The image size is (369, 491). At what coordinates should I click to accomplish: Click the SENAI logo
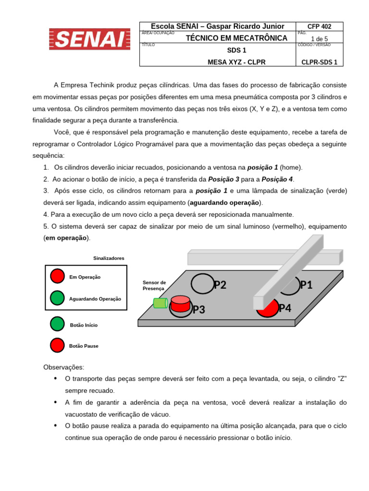(90, 39)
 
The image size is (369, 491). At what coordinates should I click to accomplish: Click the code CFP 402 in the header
(319, 26)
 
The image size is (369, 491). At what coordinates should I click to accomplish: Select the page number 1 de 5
(319, 39)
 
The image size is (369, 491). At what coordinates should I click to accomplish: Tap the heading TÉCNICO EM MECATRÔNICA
(236, 38)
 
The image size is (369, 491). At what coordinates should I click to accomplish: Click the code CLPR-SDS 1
(319, 62)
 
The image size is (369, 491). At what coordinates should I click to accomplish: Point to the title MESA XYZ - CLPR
(236, 62)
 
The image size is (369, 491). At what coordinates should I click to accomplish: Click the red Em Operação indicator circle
(57, 276)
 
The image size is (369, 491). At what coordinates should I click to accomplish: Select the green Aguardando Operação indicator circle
(57, 298)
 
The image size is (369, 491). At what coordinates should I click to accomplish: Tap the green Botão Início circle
(57, 324)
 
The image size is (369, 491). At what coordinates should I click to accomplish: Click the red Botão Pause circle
(57, 345)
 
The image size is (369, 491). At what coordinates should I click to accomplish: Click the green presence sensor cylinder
(160, 303)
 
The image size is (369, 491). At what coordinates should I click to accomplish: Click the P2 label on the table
(220, 285)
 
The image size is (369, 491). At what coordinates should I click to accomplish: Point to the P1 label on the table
(306, 285)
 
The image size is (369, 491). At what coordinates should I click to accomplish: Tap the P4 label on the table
(285, 308)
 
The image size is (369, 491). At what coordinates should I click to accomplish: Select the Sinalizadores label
(109, 258)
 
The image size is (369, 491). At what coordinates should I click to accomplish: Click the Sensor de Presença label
(154, 285)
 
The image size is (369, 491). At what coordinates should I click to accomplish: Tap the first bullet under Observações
(56, 379)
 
